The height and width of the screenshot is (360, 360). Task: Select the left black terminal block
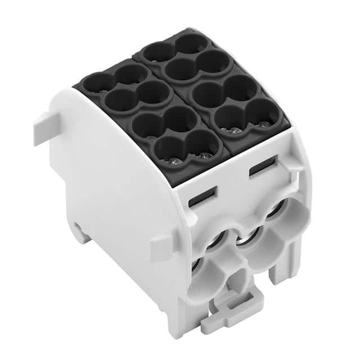coord(152,112)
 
